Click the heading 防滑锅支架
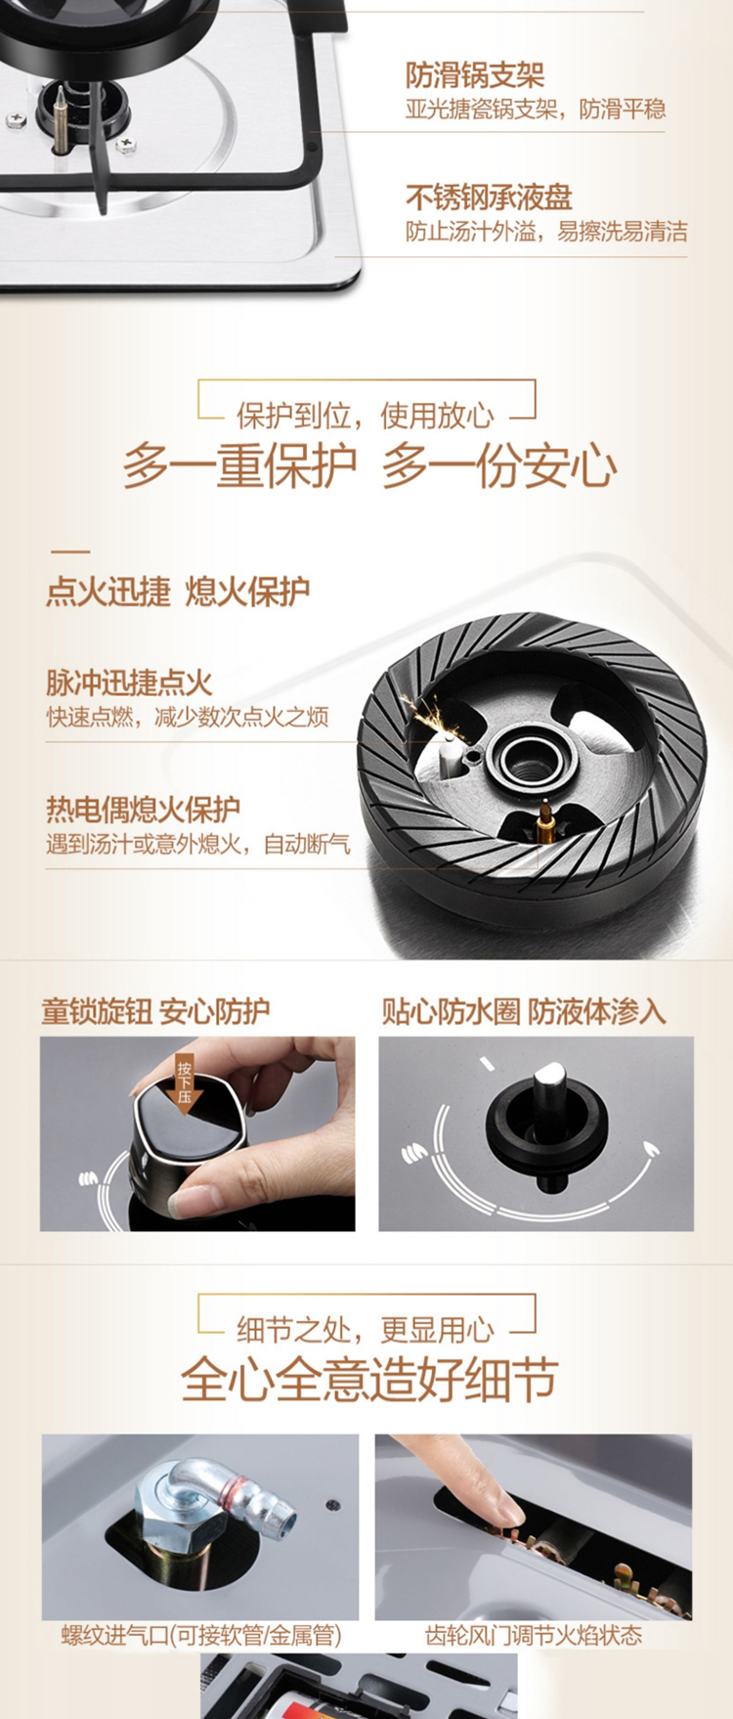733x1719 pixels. [475, 76]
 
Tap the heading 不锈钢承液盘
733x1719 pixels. [489, 198]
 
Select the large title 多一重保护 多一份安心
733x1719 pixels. [369, 465]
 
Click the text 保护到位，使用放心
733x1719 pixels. [366, 416]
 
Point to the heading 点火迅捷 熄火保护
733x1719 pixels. [178, 592]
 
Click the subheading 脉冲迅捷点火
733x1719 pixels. [129, 683]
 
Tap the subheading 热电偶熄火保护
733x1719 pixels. [143, 810]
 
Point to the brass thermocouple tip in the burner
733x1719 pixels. [545, 819]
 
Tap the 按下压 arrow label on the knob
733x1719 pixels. [184, 1081]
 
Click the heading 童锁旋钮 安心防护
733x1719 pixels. [155, 1012]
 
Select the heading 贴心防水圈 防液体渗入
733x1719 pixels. [524, 1012]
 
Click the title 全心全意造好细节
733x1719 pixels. [369, 1380]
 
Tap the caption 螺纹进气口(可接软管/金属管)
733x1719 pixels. [201, 1635]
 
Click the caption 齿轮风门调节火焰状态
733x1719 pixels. [534, 1635]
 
